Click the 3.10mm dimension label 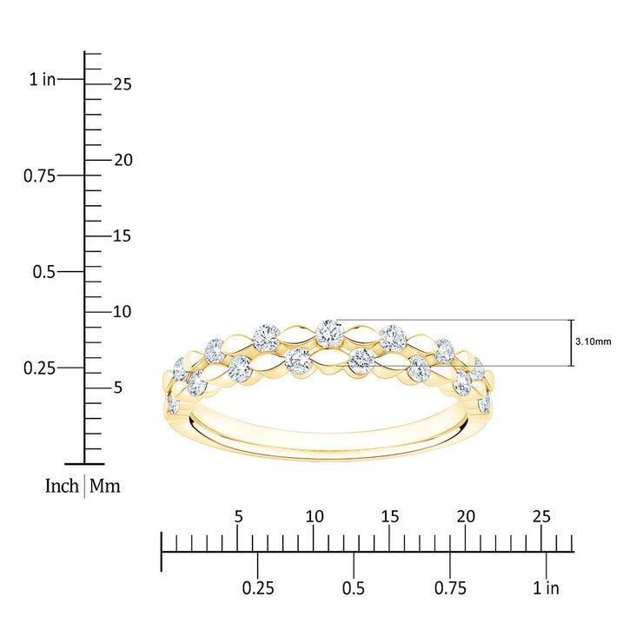(x=593, y=341)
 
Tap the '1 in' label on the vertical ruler (x=43, y=79)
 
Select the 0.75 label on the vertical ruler (x=39, y=176)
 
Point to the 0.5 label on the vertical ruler (x=43, y=272)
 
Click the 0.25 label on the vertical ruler (x=39, y=368)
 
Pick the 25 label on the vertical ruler (x=123, y=84)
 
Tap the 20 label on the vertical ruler (x=123, y=161)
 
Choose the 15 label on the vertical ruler (x=123, y=236)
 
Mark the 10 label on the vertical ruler (x=123, y=312)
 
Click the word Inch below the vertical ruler (x=62, y=486)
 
